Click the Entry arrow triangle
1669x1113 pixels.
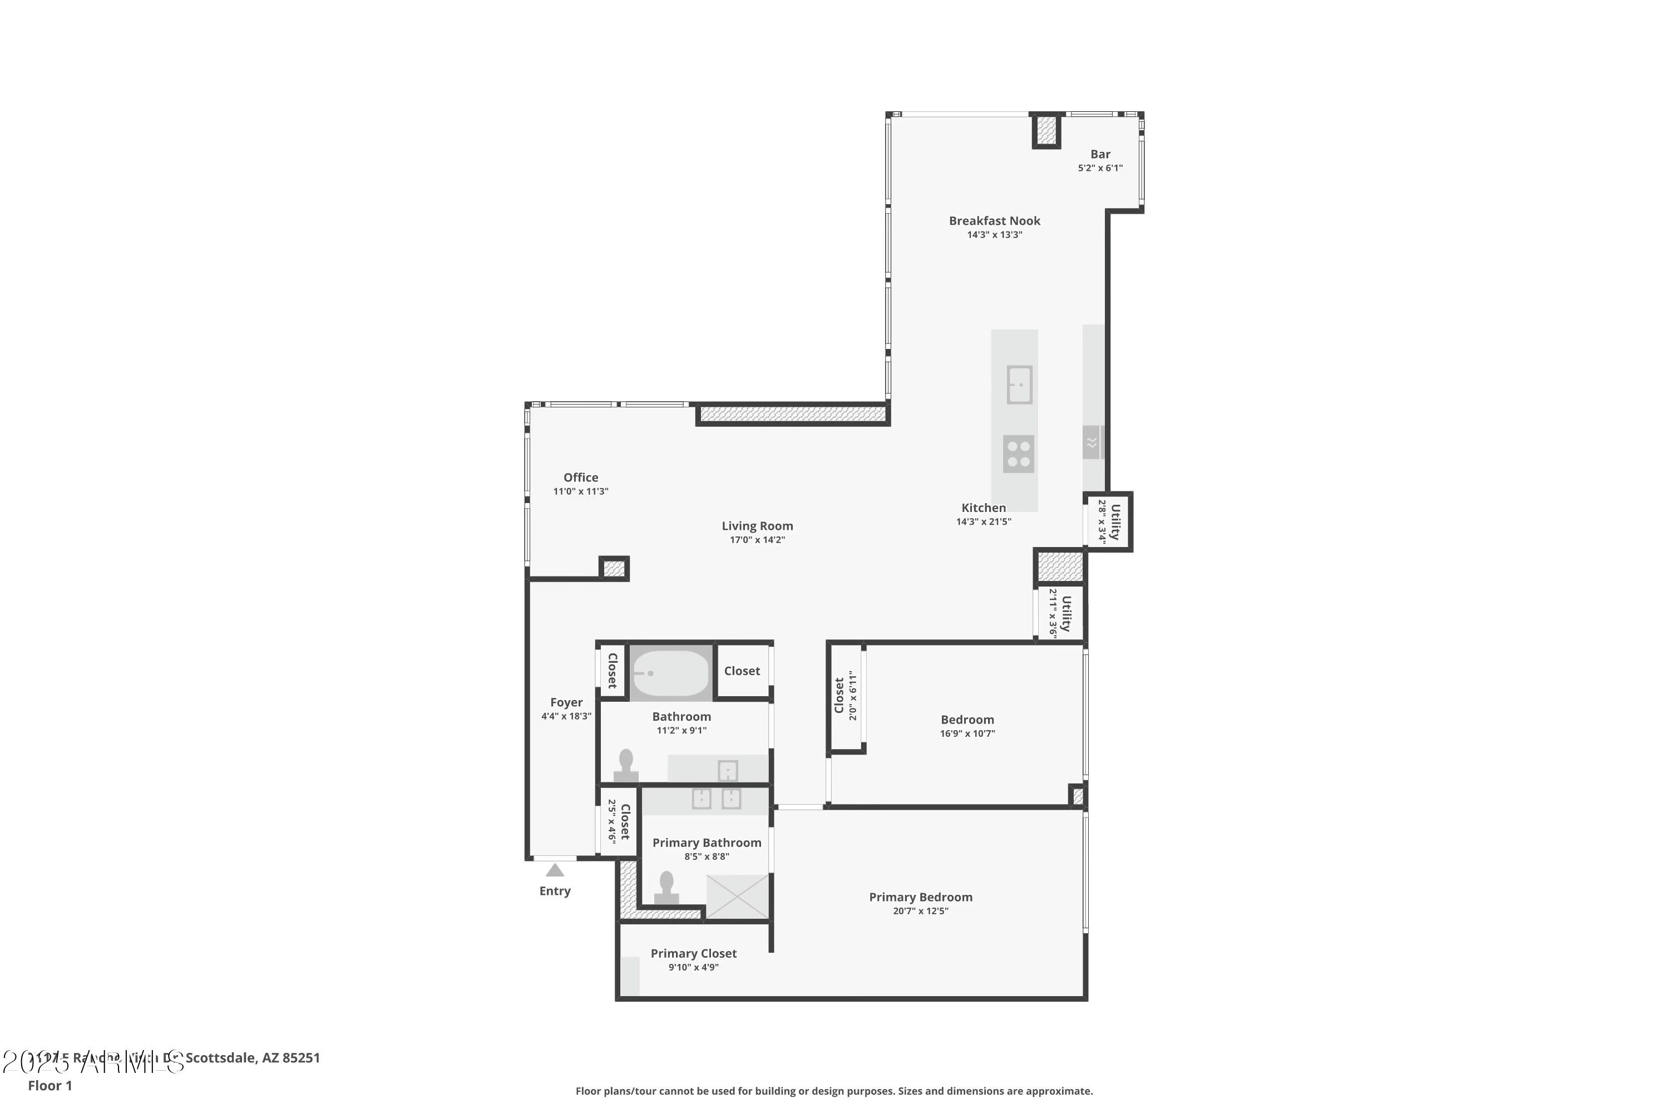pyautogui.click(x=555, y=870)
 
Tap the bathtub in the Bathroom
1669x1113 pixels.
pyautogui.click(x=670, y=673)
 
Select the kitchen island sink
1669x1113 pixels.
pyautogui.click(x=1019, y=385)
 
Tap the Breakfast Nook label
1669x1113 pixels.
pyautogui.click(x=994, y=221)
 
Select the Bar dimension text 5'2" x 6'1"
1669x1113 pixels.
pyautogui.click(x=1100, y=168)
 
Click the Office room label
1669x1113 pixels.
pyautogui.click(x=580, y=477)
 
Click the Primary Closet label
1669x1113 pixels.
pyautogui.click(x=693, y=953)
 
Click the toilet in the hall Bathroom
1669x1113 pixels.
pyautogui.click(x=626, y=765)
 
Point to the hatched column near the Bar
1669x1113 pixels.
pyautogui.click(x=1046, y=131)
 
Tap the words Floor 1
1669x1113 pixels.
pyautogui.click(x=50, y=1085)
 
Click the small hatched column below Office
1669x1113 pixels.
pyautogui.click(x=614, y=569)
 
